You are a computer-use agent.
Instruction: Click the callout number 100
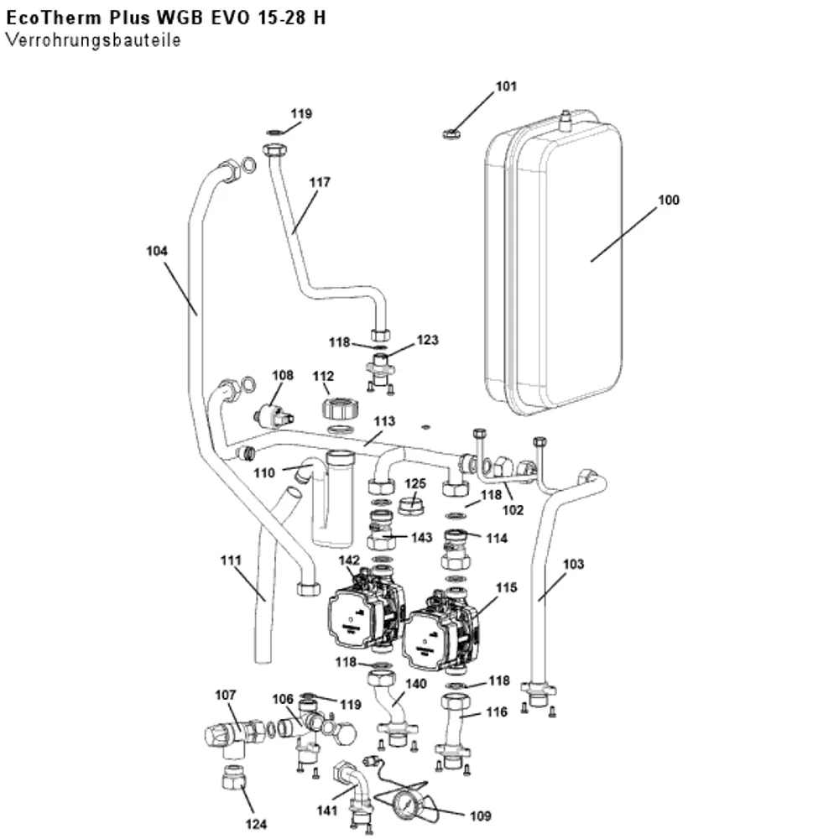tap(669, 201)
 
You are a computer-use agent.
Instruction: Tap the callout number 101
tap(506, 86)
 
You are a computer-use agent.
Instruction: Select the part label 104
tap(157, 250)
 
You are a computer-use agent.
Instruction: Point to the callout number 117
tap(320, 182)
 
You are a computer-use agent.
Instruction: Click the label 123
tap(428, 340)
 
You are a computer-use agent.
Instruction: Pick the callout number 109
tap(480, 816)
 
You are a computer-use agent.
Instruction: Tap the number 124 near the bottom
tap(256, 824)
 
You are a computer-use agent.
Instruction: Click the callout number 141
tap(327, 810)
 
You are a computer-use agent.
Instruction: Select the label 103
tap(573, 564)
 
